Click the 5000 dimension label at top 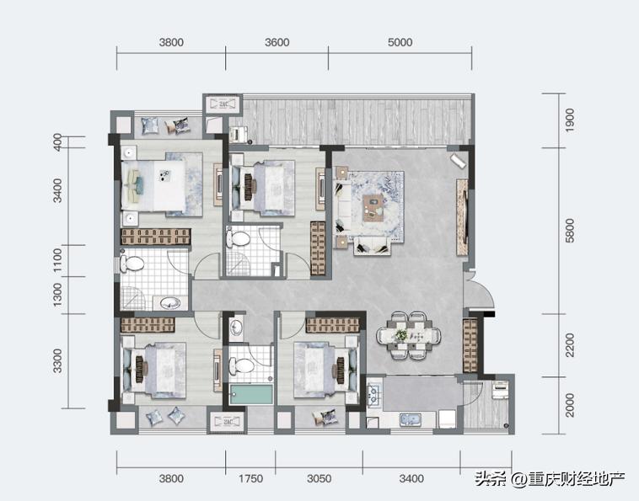tap(400, 42)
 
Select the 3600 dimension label tap(277, 42)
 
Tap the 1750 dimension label tap(250, 478)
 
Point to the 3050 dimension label tap(319, 478)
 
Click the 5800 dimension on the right tap(570, 231)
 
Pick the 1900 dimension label tap(570, 120)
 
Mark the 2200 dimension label tap(570, 345)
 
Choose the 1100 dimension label tap(57, 260)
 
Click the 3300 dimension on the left tap(57, 360)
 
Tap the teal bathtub tap(251, 394)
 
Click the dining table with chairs tap(409, 336)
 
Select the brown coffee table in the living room tap(373, 208)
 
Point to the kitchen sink tap(411, 419)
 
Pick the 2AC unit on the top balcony tap(223, 104)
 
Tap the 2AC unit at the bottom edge tap(228, 422)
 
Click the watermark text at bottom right tap(550, 479)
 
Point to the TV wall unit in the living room tap(462, 217)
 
